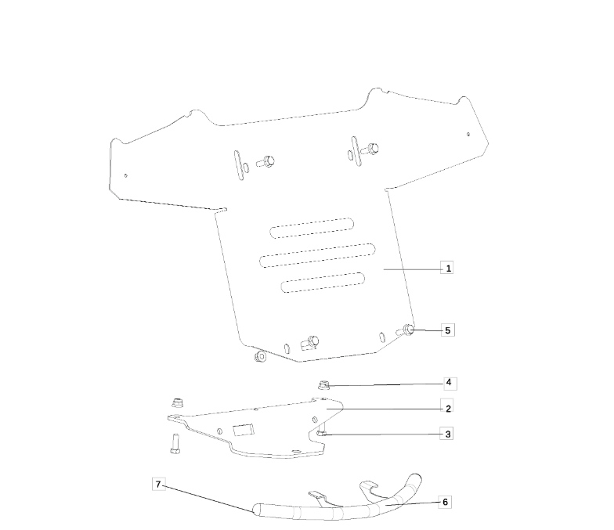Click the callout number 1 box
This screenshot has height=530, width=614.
point(448,268)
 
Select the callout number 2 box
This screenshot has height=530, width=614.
point(448,409)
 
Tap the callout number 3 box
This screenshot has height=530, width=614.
point(448,434)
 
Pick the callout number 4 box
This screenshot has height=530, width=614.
point(448,384)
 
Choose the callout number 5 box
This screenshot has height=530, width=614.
point(448,330)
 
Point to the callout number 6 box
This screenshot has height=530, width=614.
point(446,502)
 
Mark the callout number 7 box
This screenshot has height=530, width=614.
point(159,485)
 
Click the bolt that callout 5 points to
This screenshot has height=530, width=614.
point(408,330)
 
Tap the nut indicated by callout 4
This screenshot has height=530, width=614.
point(323,384)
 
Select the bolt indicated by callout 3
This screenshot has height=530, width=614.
point(322,431)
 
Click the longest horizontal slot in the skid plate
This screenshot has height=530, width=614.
point(318,254)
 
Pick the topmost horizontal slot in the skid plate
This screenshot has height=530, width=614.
point(311,227)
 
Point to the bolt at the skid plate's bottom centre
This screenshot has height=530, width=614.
point(312,341)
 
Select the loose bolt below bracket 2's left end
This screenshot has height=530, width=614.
point(174,443)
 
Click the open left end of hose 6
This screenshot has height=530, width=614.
point(255,511)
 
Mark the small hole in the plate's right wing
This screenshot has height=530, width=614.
point(468,134)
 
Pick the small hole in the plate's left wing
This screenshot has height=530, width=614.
point(126,175)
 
